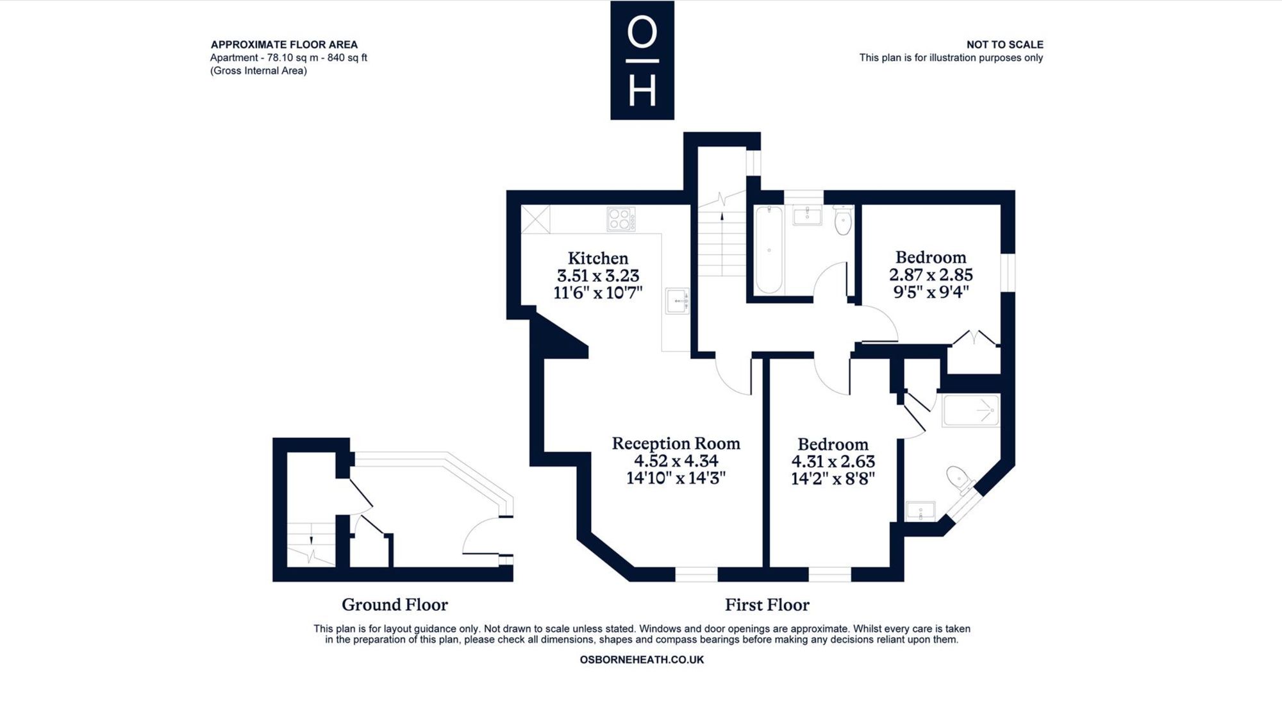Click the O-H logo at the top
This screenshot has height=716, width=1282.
tap(642, 60)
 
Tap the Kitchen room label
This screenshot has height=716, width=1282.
tap(598, 258)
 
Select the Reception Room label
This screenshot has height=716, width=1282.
tap(676, 444)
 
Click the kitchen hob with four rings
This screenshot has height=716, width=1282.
tap(621, 219)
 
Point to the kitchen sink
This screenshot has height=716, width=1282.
tap(677, 301)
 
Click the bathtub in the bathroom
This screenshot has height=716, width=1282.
tap(769, 249)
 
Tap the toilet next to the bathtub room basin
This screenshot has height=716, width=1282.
tap(843, 221)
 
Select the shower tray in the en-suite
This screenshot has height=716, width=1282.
tap(970, 410)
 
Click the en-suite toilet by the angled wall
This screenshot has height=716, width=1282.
tap(961, 478)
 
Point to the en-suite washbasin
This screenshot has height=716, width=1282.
tap(920, 511)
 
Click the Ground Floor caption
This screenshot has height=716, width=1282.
tap(395, 604)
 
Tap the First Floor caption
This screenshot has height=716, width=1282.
tap(767, 604)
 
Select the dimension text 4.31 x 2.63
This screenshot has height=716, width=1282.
tap(833, 462)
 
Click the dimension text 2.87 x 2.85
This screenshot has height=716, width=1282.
tap(931, 274)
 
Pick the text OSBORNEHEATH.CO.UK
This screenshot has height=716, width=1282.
tap(642, 660)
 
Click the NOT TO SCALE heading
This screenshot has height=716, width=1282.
tap(1005, 44)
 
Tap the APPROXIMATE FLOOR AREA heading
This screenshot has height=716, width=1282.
tap(284, 44)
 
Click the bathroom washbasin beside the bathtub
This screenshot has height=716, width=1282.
tap(807, 215)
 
